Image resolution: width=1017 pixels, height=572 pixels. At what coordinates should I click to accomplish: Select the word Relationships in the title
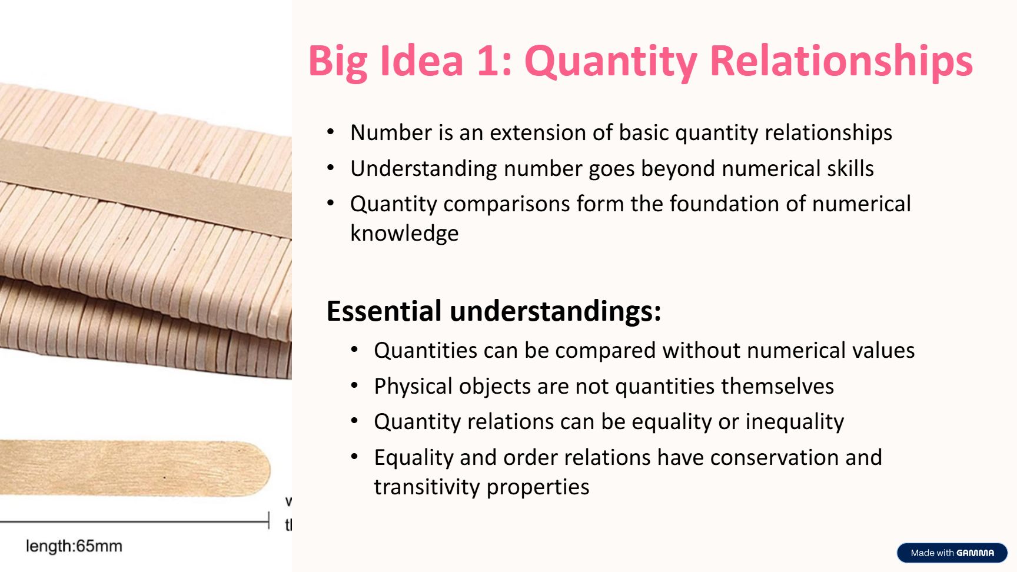click(x=842, y=62)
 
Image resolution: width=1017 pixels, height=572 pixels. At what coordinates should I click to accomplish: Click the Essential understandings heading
click(x=494, y=311)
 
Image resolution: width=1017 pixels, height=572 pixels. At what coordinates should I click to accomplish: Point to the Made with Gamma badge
click(x=952, y=553)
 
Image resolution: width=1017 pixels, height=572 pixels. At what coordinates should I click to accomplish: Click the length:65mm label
click(x=74, y=546)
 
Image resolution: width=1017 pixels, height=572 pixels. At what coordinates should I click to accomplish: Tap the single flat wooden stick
click(x=135, y=468)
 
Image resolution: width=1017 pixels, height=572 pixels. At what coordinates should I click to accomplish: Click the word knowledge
click(x=404, y=234)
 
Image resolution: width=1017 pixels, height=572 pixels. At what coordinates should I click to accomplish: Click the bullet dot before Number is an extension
click(x=331, y=132)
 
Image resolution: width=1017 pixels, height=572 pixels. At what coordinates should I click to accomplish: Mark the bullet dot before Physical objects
click(x=354, y=386)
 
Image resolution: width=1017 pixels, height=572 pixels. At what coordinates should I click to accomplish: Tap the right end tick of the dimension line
click(x=268, y=521)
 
